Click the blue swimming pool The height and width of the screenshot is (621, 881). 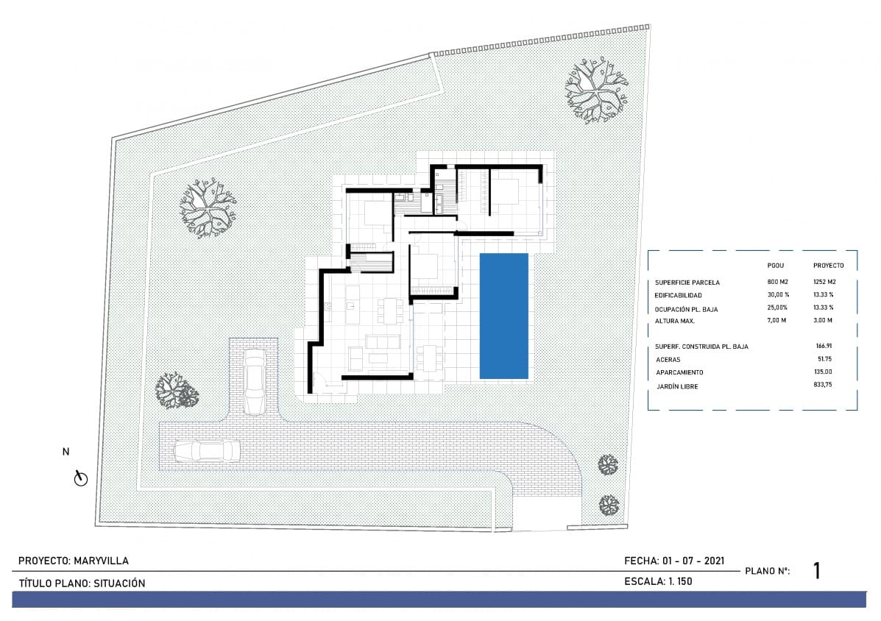[504, 316]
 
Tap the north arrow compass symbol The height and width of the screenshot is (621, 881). [81, 479]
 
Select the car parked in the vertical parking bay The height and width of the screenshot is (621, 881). [255, 380]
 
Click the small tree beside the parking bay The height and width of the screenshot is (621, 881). [177, 391]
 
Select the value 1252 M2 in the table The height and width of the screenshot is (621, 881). [825, 282]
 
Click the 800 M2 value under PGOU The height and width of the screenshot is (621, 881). [778, 282]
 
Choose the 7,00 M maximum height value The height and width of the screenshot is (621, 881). [778, 321]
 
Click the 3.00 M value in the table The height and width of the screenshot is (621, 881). [824, 321]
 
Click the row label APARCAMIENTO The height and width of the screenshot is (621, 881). [679, 372]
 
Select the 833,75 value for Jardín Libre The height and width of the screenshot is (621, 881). [824, 386]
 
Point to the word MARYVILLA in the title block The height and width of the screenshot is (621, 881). [102, 561]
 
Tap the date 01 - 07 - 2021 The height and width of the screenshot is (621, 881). [694, 561]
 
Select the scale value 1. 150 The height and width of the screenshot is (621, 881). [681, 581]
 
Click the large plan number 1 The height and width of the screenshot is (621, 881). [817, 571]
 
